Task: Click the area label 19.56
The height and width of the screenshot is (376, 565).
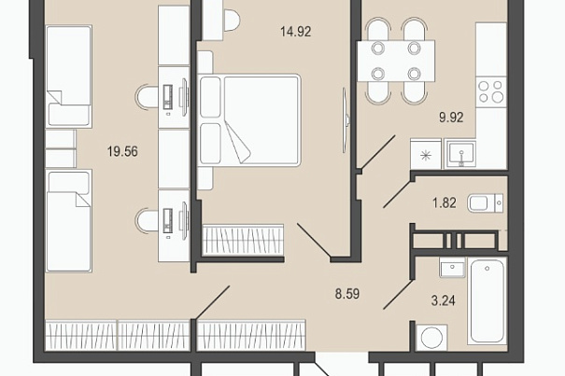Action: (122, 151)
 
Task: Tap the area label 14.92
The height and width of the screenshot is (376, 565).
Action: (295, 32)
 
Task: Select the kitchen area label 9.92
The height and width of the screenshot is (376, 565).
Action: (451, 118)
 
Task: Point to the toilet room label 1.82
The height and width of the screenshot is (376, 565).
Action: (445, 202)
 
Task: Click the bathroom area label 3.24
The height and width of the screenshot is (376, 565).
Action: (444, 300)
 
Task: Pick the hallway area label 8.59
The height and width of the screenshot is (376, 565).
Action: (347, 294)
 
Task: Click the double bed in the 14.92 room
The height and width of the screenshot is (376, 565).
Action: (249, 120)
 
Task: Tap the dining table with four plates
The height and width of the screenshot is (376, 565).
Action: (396, 61)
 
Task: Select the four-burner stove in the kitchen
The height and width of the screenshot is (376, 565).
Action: (491, 91)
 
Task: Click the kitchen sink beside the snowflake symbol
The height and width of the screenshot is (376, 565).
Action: (460, 154)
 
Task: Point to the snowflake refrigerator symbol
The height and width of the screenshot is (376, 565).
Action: (426, 156)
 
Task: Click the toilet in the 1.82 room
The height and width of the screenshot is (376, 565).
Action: (485, 203)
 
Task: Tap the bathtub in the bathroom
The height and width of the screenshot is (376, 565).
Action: (487, 301)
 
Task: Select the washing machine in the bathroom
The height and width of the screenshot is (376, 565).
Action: (431, 337)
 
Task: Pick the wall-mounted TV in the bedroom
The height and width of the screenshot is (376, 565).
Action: (346, 120)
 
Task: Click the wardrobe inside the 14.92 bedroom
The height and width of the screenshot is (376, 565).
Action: (243, 240)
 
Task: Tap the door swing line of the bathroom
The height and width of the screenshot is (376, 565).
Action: (398, 295)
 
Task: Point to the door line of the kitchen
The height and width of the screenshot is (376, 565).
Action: (378, 152)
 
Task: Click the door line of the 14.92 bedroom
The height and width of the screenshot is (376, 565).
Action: (314, 240)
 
